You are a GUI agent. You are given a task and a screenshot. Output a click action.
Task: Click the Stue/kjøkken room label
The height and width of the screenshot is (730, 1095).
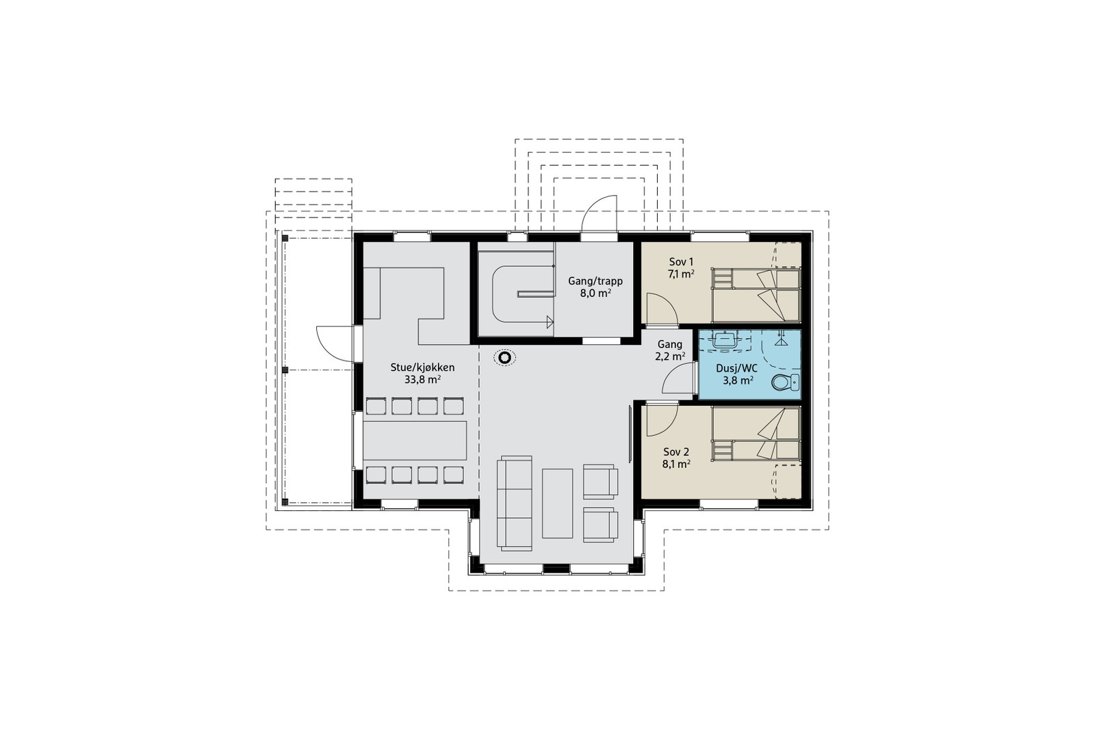(x=422, y=367)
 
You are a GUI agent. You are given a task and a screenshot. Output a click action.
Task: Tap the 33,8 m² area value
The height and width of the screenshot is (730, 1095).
(x=422, y=380)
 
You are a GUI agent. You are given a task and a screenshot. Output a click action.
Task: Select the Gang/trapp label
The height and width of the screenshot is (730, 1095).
(x=595, y=281)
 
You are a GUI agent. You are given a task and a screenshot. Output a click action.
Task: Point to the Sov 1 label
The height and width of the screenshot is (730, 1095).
(x=681, y=262)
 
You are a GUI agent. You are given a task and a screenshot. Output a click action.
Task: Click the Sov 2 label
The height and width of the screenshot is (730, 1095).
(x=676, y=452)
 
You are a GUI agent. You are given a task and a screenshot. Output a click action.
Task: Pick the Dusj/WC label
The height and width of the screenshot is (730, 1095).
(x=736, y=368)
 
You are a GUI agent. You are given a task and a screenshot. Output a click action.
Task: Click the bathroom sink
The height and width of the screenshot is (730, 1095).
(x=725, y=339)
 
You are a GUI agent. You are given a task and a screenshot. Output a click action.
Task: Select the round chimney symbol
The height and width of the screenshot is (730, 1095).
(x=504, y=359)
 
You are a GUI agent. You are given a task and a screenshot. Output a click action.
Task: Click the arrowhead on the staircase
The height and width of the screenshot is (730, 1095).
(x=550, y=322)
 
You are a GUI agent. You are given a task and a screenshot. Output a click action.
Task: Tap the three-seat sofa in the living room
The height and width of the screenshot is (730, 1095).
(x=514, y=504)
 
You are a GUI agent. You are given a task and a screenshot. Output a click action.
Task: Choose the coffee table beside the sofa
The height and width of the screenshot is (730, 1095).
(x=557, y=504)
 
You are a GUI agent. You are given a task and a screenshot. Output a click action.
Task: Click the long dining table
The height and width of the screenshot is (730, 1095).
(x=415, y=441)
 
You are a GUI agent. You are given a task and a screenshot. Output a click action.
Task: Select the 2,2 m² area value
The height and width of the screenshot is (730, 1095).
(x=670, y=356)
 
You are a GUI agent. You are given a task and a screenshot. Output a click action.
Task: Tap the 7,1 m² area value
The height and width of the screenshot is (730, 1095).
(x=681, y=274)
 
